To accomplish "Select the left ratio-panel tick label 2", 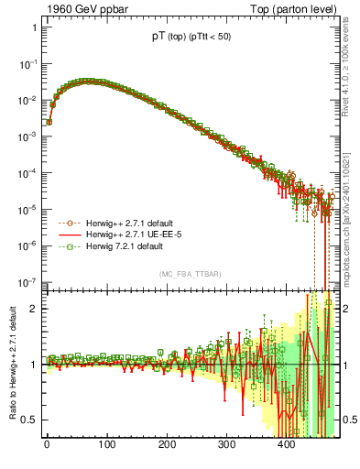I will [x=34, y=309].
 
